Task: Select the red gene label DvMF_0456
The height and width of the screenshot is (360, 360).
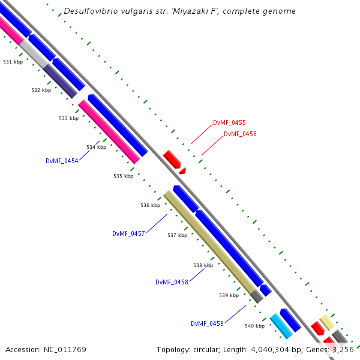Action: click(x=240, y=134)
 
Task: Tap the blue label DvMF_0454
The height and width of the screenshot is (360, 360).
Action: click(x=62, y=161)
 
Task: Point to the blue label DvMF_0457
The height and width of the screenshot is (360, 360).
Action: click(x=128, y=233)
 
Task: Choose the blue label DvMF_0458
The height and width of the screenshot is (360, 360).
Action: click(x=172, y=282)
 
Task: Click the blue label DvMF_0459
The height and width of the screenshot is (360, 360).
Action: click(x=207, y=323)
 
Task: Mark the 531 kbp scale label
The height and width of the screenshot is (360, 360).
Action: click(x=13, y=62)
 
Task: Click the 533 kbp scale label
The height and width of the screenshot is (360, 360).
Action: click(x=68, y=119)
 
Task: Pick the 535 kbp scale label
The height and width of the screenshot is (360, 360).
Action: click(x=123, y=176)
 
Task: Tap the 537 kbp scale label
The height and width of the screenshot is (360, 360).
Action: click(x=177, y=235)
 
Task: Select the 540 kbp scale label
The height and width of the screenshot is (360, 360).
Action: click(x=254, y=326)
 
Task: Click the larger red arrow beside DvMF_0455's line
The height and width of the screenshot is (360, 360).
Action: click(x=172, y=159)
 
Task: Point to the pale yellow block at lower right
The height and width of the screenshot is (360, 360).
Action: click(x=327, y=322)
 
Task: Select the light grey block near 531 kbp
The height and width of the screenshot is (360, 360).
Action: click(x=34, y=55)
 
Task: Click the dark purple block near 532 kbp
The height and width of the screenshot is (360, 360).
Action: click(x=60, y=81)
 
